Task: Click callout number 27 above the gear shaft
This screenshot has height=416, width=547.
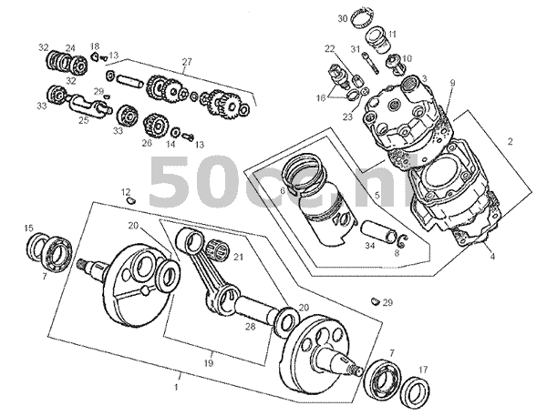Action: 187,62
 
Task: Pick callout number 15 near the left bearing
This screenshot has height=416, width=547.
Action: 28,228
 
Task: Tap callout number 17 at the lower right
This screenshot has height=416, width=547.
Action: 421,370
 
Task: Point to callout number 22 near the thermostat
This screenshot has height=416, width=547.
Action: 329,48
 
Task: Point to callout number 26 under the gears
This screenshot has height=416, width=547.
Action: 146,142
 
